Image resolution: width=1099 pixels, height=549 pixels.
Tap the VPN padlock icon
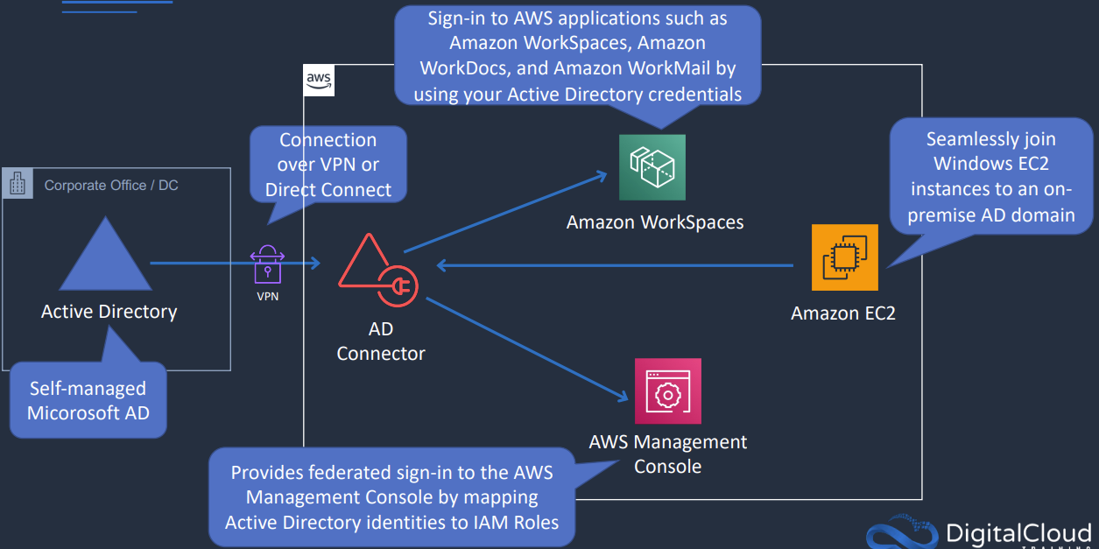[268, 264]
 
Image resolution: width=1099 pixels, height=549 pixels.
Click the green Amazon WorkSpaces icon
[652, 167]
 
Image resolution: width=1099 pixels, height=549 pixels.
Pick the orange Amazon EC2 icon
[844, 257]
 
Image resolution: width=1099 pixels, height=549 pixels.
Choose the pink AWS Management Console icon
[667, 391]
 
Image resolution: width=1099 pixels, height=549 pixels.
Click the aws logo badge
[319, 81]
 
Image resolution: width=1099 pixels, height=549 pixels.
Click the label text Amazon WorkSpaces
[655, 222]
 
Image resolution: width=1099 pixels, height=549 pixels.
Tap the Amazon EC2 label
[843, 313]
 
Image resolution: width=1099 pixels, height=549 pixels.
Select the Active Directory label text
[109, 312]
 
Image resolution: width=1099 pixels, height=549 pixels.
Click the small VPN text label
[268, 297]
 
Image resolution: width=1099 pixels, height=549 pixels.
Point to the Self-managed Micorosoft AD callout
[88, 400]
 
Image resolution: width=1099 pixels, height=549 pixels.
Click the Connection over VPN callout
[328, 165]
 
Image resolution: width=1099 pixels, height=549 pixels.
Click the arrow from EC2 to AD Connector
[613, 265]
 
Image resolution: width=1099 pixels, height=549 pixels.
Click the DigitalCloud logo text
[1018, 532]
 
